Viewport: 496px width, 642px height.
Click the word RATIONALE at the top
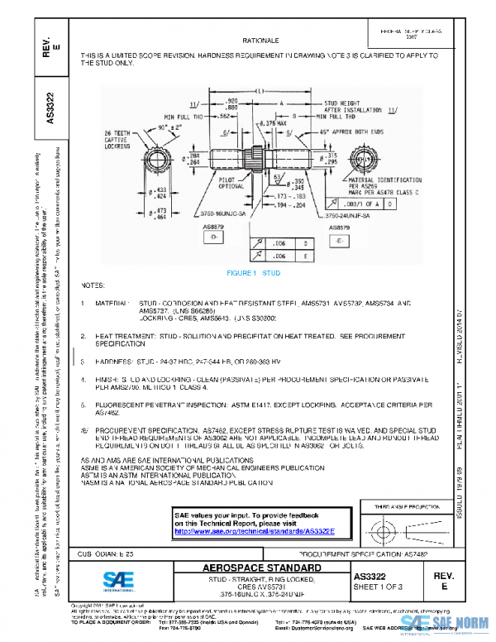click(x=260, y=40)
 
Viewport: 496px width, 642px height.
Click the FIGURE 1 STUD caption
click(x=254, y=272)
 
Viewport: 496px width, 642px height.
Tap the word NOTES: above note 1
click(x=93, y=285)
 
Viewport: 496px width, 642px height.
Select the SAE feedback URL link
click(x=249, y=529)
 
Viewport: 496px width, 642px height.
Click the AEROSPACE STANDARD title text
click(x=260, y=568)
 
